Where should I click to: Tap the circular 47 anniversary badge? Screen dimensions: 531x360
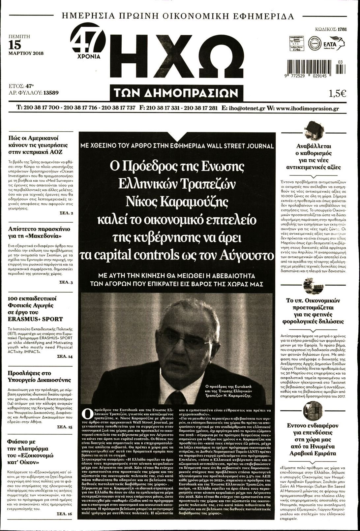pyautogui.click(x=87, y=40)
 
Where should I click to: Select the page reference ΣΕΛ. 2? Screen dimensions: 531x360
pyautogui.click(x=66, y=213)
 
